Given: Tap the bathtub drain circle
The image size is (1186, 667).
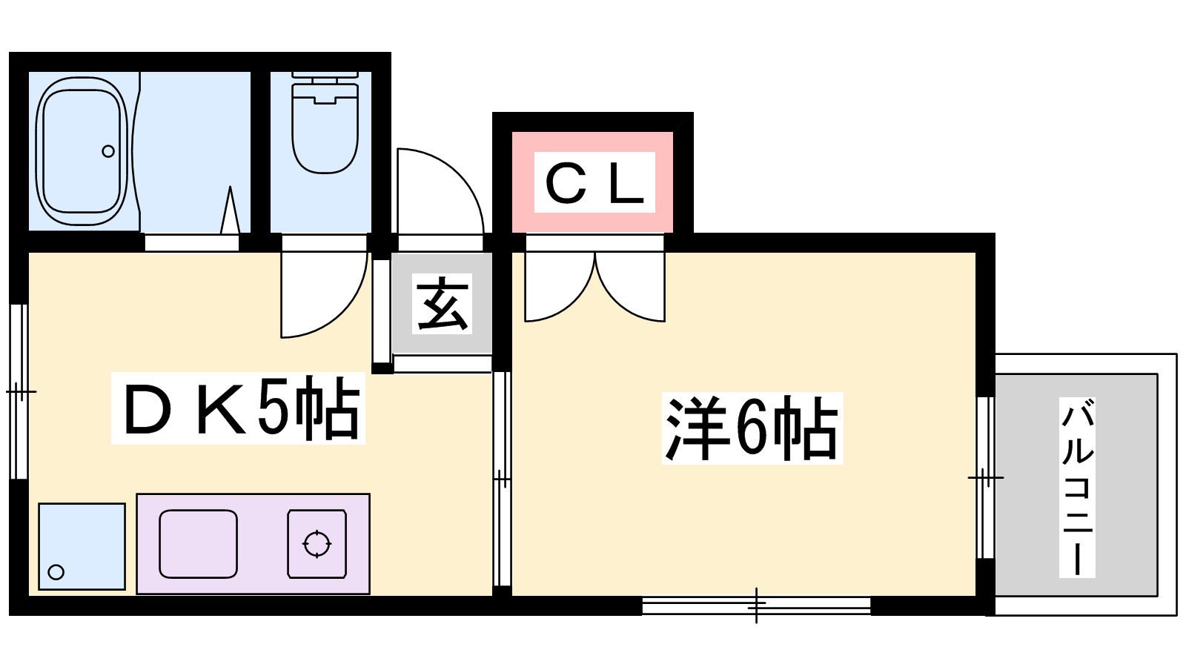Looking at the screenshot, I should click(108, 151).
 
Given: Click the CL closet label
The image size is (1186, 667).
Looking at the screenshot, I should click(594, 183).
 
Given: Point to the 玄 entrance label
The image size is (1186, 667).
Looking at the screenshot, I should click(442, 304).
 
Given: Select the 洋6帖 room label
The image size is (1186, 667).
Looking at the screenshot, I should click(752, 428).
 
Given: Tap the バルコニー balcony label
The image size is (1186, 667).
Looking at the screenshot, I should click(1077, 487).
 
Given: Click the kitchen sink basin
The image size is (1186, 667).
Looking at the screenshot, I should click(198, 543).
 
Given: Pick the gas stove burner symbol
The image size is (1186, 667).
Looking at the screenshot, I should click(317, 544).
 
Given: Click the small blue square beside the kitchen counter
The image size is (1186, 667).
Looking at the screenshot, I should click(82, 546).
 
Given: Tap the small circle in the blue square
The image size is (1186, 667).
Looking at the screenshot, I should click(56, 572).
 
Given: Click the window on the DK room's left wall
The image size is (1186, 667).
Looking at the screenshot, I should click(19, 391).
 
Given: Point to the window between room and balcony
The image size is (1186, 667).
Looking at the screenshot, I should click(985, 477).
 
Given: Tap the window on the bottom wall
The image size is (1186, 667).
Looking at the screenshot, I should click(756, 605).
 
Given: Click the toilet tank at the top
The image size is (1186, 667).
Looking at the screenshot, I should click(325, 76).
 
